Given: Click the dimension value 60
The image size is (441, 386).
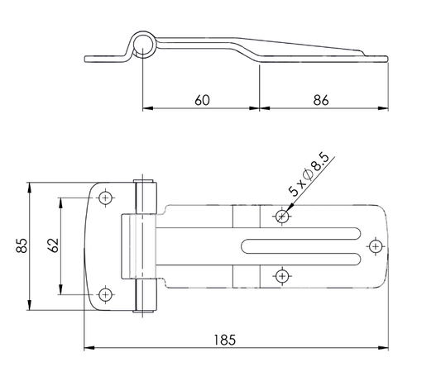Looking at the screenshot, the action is [x=202, y=100].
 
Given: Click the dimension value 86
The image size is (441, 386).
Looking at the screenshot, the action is [x=321, y=100].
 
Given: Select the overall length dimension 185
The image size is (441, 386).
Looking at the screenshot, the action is [x=225, y=340].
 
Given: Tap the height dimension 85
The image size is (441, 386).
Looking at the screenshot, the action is [x=22, y=245].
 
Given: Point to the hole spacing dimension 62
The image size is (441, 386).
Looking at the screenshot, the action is [x=54, y=245].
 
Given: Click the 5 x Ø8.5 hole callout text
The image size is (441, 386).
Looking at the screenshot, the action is [x=309, y=174].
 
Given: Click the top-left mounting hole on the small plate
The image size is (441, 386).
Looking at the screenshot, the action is [x=105, y=198].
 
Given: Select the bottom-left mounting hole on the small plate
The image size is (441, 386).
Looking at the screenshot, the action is [x=105, y=295].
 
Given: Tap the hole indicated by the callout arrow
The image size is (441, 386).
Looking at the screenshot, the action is [x=282, y=217].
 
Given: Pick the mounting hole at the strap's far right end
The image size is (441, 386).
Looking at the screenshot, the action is [x=376, y=246].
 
